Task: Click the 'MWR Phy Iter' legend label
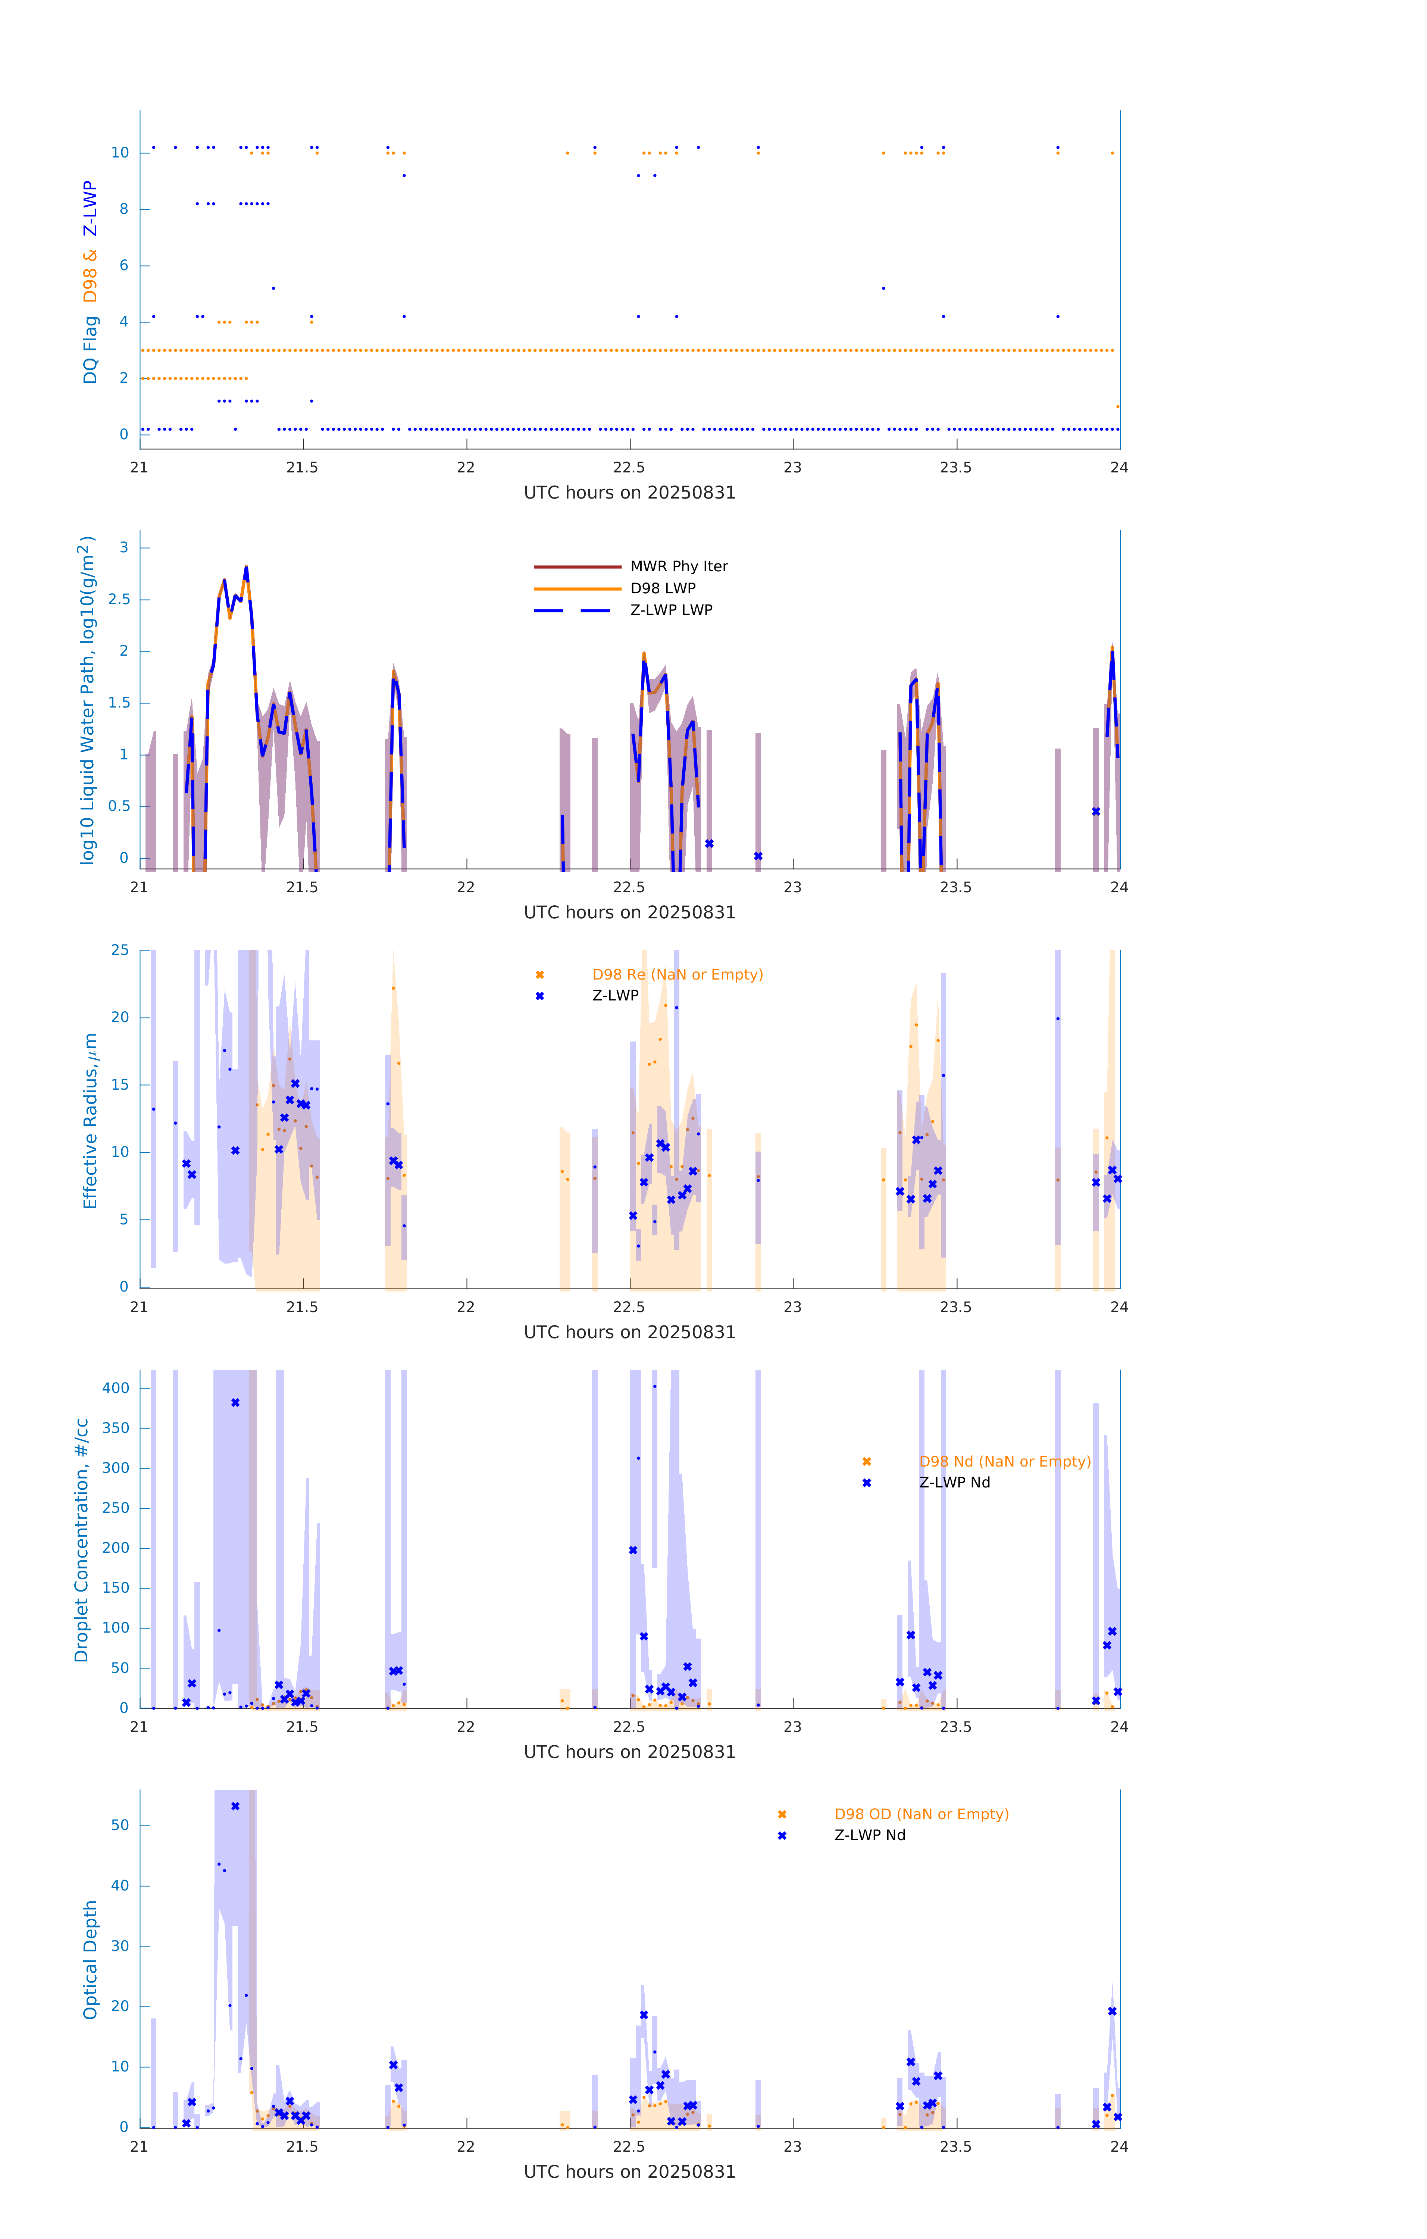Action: [679, 566]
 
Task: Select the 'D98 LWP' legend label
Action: [663, 588]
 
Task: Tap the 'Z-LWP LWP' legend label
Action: [671, 610]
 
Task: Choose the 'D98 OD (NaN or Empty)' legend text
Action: [921, 1814]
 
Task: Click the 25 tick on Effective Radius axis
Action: [120, 950]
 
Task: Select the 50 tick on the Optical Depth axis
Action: [120, 1825]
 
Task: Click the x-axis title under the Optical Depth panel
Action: [629, 2172]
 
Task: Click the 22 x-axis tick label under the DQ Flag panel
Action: [466, 468]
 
